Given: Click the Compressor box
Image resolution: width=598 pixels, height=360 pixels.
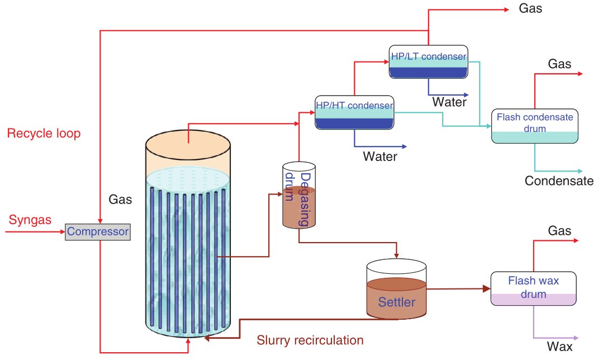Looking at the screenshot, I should click(98, 231).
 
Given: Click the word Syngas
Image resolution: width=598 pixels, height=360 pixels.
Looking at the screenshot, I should click(30, 220).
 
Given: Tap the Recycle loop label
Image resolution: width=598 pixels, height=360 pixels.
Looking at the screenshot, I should click(44, 133).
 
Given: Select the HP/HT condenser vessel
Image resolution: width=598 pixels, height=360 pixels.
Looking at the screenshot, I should click(354, 112).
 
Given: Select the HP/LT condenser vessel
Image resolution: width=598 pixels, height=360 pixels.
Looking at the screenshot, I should click(428, 61).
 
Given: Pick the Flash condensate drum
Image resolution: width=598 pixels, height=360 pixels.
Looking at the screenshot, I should click(534, 125).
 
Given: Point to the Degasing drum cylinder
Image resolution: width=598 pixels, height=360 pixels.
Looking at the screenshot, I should click(298, 196).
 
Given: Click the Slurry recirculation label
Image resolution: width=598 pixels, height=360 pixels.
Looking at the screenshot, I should click(310, 340).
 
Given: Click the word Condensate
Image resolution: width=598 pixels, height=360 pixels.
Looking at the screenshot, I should click(559, 181).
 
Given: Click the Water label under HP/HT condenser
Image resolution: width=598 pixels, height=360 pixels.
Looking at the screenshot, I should click(380, 157).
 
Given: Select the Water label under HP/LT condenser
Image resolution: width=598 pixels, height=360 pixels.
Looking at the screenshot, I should click(449, 102).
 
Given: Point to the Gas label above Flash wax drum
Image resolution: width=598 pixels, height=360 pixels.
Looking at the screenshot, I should click(559, 231).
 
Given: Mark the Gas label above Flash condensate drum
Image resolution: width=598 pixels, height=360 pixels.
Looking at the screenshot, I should click(559, 64).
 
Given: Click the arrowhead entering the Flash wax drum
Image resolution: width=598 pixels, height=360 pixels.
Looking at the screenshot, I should click(487, 289).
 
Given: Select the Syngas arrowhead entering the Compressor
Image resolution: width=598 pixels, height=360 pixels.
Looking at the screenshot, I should click(62, 230).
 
